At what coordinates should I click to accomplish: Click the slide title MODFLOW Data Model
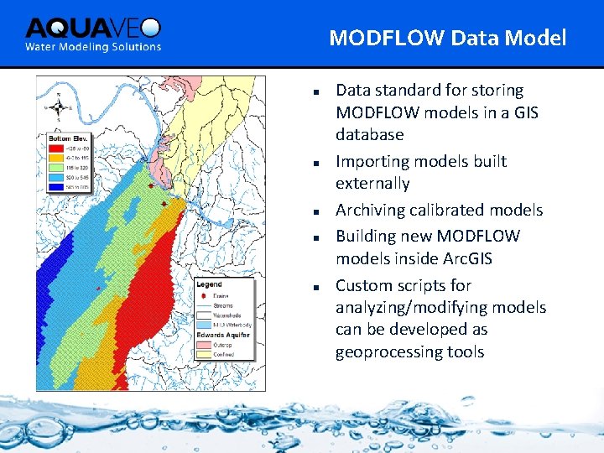[447, 38]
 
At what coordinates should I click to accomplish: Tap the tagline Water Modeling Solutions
[92, 47]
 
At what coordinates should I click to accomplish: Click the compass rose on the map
[58, 107]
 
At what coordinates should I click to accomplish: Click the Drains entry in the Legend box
[221, 296]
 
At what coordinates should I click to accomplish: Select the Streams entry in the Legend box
[223, 305]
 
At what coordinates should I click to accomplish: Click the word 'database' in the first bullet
[369, 134]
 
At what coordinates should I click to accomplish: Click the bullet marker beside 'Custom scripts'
[311, 286]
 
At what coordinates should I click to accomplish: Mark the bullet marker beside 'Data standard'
[311, 91]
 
